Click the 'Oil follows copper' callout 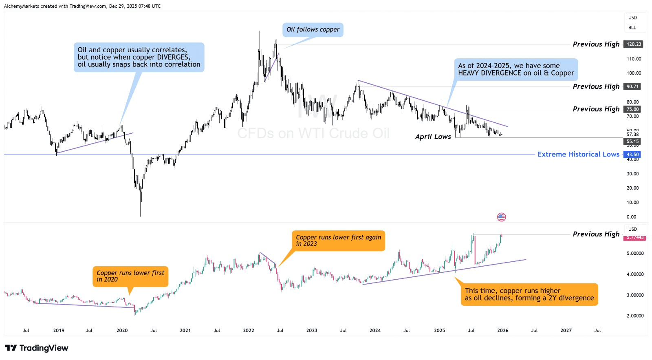[313, 30]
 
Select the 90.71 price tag [632, 86]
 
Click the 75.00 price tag [632, 109]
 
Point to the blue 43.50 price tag [632, 155]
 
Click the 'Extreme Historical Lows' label [578, 154]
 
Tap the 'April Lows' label [433, 137]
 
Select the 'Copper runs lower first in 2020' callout [130, 276]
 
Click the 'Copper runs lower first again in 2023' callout [338, 241]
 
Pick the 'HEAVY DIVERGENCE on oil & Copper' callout [515, 69]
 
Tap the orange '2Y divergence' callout [529, 294]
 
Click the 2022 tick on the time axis [249, 331]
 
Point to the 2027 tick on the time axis [566, 331]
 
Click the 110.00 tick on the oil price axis [634, 59]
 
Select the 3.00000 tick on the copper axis [635, 295]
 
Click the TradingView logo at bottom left [37, 348]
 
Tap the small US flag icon [501, 217]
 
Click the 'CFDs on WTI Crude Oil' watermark [313, 133]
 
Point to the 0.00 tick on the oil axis [631, 217]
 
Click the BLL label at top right [632, 28]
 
